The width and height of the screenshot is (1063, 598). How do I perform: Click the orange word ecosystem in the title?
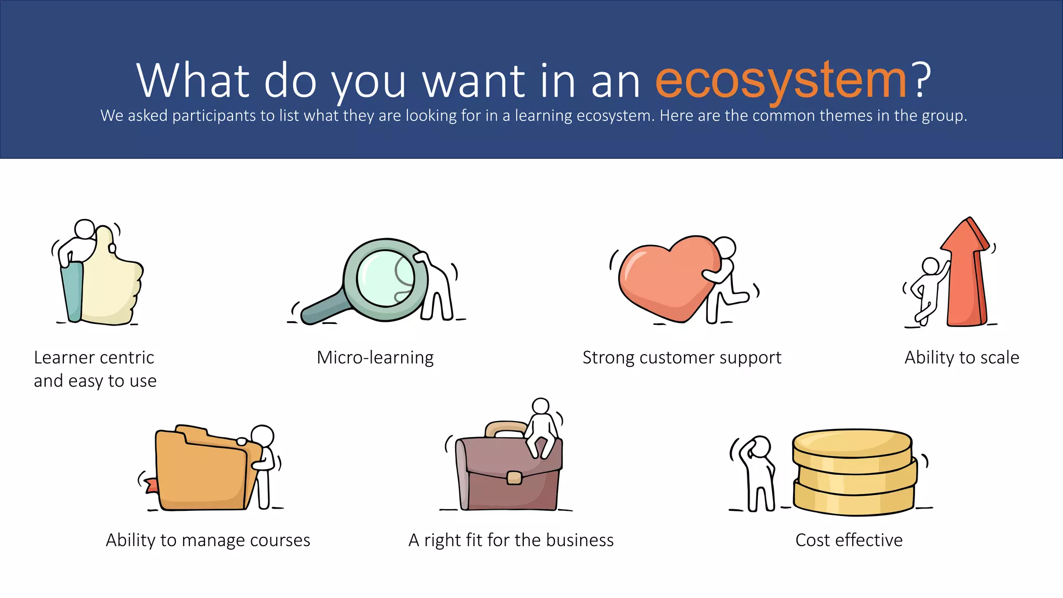click(x=781, y=80)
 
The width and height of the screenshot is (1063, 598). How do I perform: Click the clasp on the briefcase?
click(x=514, y=478)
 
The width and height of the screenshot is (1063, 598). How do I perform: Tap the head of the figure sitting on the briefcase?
click(x=541, y=406)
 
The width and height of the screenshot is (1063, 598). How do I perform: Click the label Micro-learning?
click(x=375, y=358)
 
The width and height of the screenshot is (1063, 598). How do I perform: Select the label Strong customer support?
click(x=682, y=358)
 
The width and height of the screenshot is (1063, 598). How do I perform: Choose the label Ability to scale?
click(x=962, y=358)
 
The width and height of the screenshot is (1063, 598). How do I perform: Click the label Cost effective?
click(x=849, y=540)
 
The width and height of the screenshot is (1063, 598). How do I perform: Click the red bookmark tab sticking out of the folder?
click(x=152, y=486)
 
